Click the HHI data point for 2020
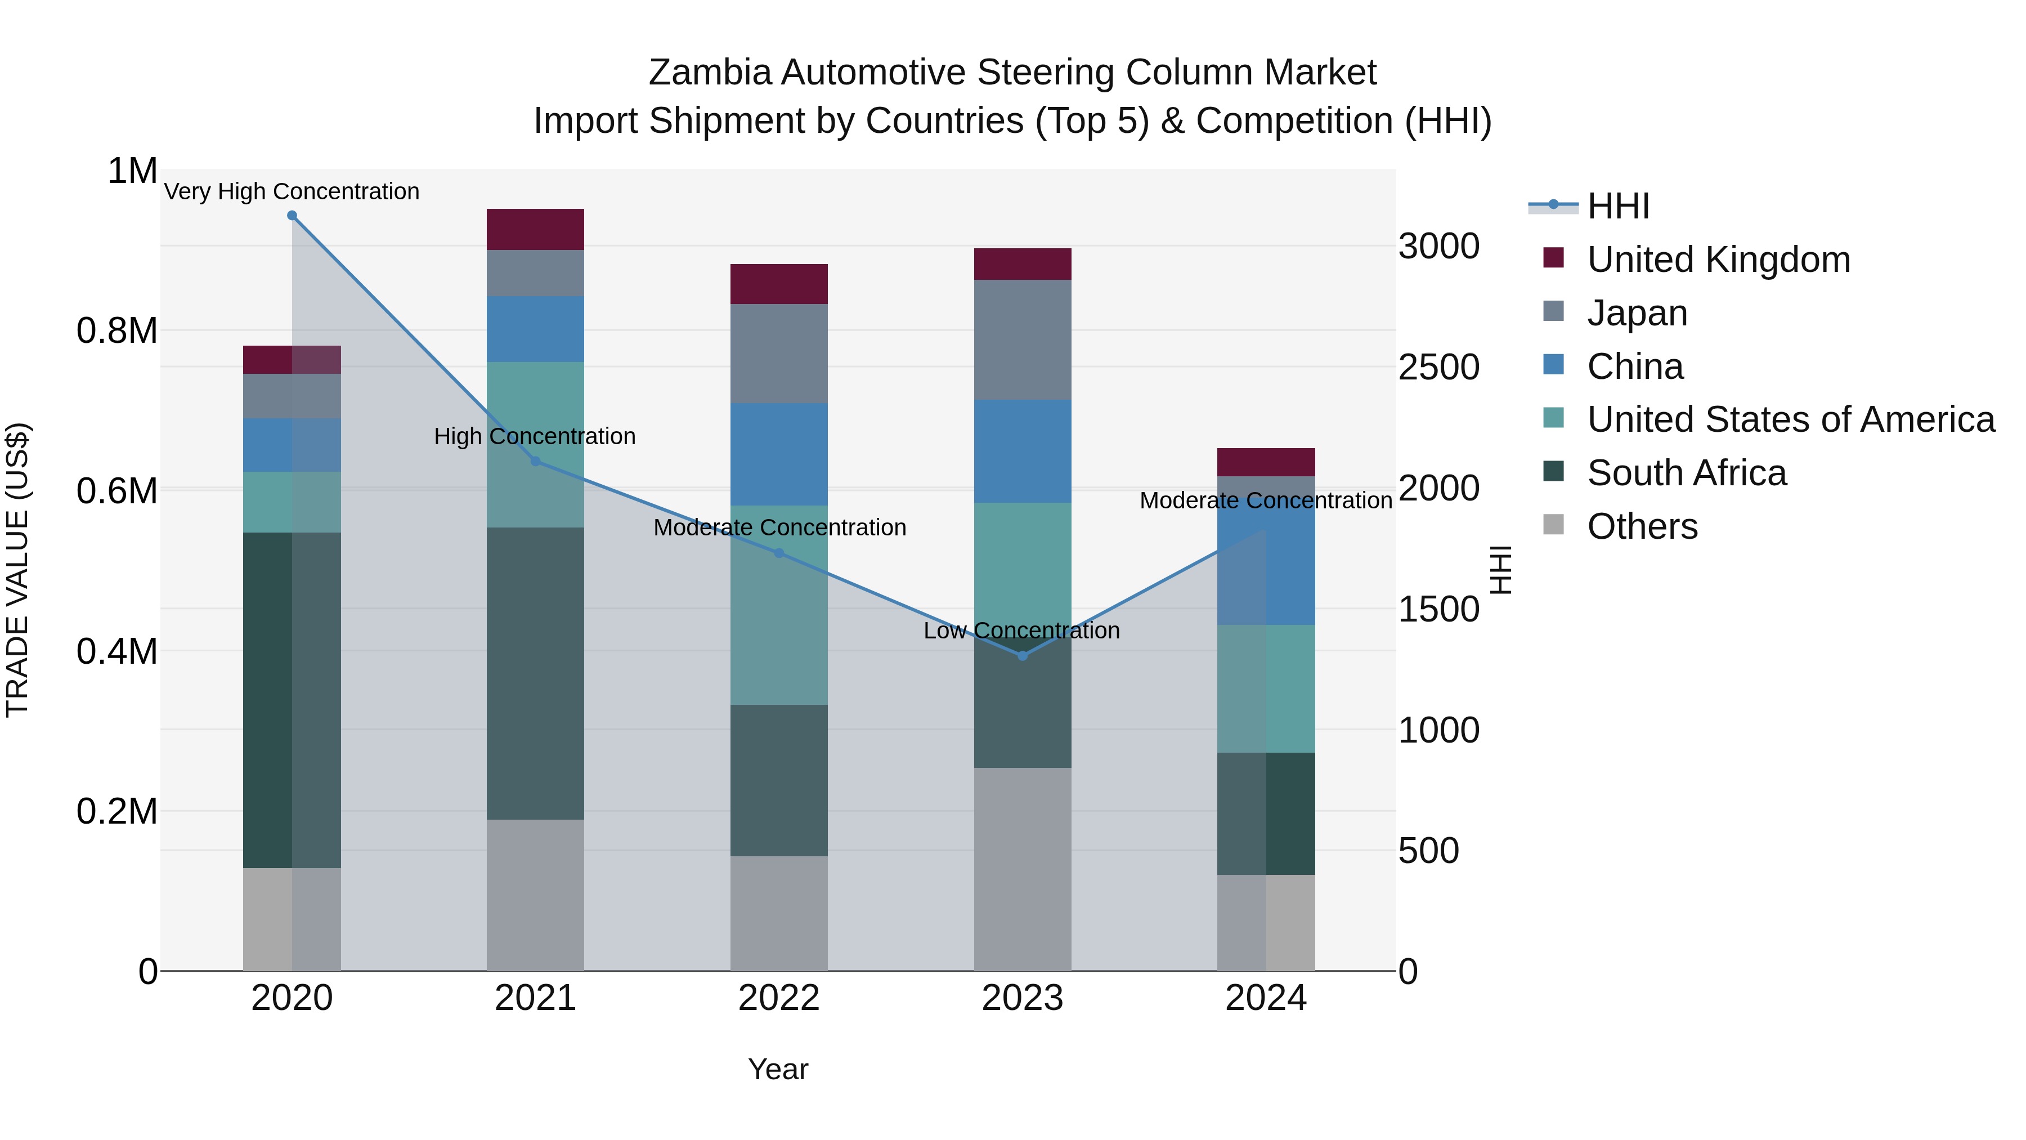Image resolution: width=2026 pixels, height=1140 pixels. point(292,216)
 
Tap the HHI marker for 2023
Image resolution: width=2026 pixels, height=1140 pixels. point(1023,655)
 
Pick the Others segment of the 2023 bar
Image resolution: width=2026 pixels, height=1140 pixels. point(1023,869)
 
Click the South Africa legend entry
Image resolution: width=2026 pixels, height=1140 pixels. point(1686,473)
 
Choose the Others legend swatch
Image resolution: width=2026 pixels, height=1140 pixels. point(1553,524)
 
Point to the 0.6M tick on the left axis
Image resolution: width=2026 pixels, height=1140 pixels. point(118,491)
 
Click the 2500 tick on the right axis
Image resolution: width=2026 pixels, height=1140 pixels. point(1438,368)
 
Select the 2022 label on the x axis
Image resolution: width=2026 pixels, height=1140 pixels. point(779,998)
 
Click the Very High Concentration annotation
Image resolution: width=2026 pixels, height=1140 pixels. point(292,191)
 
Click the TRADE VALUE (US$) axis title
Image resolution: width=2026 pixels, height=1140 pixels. point(17,570)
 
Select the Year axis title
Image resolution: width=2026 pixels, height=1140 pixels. point(778,1069)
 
